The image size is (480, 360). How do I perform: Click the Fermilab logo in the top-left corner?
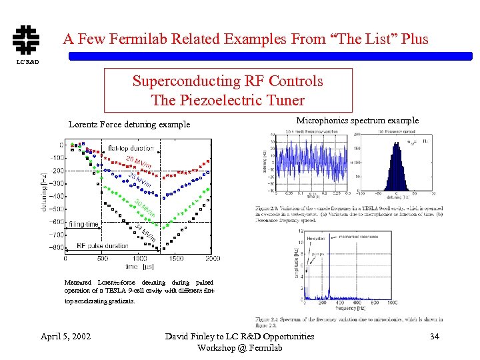click(26, 39)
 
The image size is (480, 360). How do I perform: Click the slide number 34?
click(435, 336)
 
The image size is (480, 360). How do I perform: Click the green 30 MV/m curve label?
click(145, 207)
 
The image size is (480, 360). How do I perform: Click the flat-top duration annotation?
click(131, 148)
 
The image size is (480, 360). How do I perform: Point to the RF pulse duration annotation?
click(102, 246)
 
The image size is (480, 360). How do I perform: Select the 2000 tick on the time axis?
click(212, 259)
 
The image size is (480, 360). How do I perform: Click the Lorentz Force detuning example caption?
click(129, 124)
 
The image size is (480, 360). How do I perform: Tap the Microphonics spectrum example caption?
click(357, 121)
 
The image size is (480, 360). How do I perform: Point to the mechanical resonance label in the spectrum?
click(359, 236)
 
